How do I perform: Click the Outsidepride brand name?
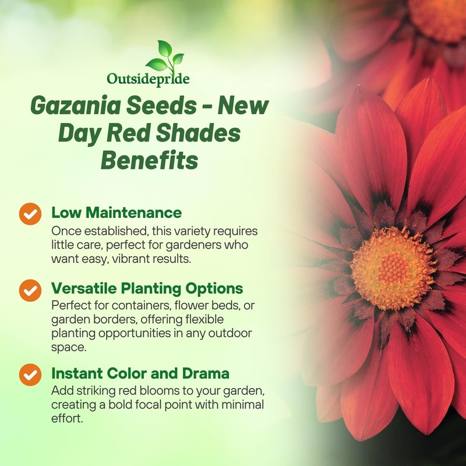(148, 78)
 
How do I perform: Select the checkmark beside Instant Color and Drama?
(30, 375)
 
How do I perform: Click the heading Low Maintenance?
(116, 212)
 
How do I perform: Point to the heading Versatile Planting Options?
(147, 289)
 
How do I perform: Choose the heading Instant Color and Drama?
(140, 373)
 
